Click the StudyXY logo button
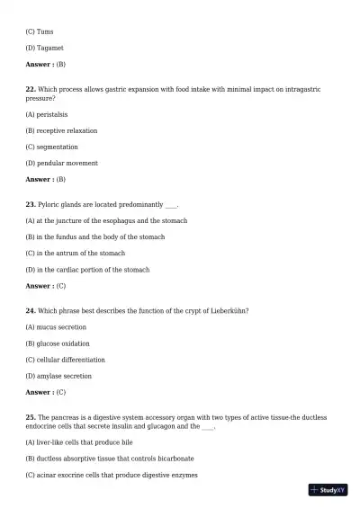click(x=328, y=490)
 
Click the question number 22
click(x=31, y=90)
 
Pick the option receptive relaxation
click(x=61, y=130)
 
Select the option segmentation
click(x=51, y=147)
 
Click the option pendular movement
click(x=61, y=163)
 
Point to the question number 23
click(x=31, y=204)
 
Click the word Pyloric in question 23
click(x=49, y=204)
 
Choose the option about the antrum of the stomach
click(x=75, y=254)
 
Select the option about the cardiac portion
click(x=87, y=270)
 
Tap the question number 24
click(x=31, y=310)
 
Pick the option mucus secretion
click(x=56, y=327)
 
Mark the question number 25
click(x=31, y=417)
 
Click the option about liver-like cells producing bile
click(x=79, y=442)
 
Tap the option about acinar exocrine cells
click(x=112, y=475)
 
